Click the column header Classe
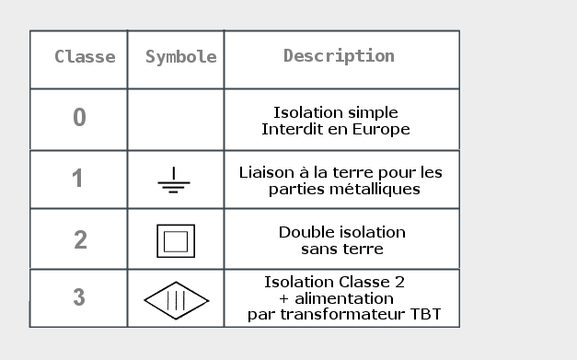(x=85, y=57)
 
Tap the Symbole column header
(x=180, y=57)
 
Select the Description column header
(x=339, y=56)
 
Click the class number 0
(x=79, y=118)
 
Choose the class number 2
(x=80, y=239)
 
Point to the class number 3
(x=79, y=297)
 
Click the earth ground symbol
(x=173, y=182)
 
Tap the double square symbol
(x=175, y=241)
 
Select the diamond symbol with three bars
(x=176, y=300)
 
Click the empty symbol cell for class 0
(x=175, y=120)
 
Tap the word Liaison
(x=266, y=172)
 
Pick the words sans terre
(x=341, y=249)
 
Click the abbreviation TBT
(x=425, y=315)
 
